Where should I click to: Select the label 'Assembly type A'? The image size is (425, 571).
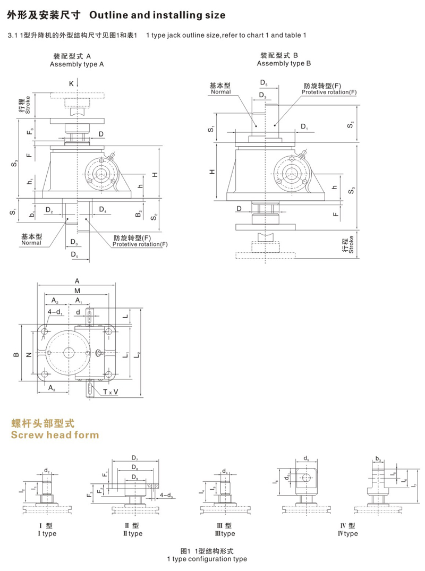76,64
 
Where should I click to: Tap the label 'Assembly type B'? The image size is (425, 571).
284,63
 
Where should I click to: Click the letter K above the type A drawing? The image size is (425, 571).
72,83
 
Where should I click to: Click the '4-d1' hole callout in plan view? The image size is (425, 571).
55,312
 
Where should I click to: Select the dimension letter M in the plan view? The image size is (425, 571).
77,291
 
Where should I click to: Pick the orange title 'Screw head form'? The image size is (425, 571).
55,435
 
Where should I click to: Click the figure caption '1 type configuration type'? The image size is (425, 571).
207,559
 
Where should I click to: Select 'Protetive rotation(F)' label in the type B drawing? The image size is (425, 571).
329,92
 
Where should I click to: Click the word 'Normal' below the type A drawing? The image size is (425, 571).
31,243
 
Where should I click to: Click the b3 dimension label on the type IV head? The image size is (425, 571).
378,458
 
